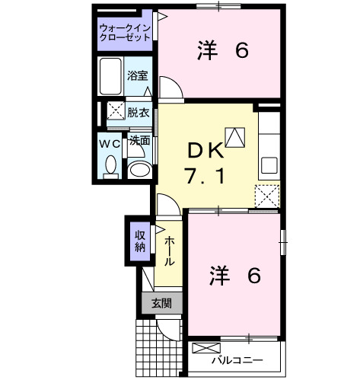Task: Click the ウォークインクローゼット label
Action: tap(126, 34)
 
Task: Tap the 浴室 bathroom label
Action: tap(138, 76)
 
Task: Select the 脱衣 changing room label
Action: tap(138, 111)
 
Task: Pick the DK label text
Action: tap(205, 148)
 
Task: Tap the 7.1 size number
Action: tap(204, 178)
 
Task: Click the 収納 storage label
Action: tap(140, 240)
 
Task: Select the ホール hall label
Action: tap(169, 249)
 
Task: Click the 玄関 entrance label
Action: tap(161, 303)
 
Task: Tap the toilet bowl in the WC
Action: tap(111, 165)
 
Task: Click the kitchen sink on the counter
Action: tap(269, 164)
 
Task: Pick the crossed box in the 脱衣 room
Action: tap(116, 111)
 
